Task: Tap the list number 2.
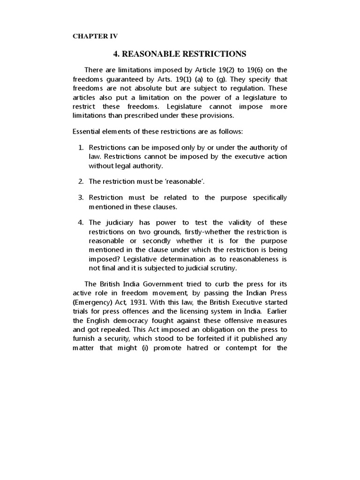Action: (80, 181)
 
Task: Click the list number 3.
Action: (80, 198)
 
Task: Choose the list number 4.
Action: (80, 222)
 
